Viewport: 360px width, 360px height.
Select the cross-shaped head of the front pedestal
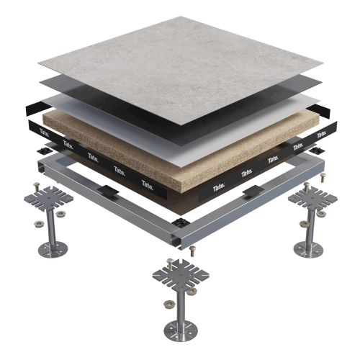coord(181,274)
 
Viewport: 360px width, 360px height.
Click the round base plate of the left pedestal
coord(53,250)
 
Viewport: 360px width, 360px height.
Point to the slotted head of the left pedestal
coord(48,198)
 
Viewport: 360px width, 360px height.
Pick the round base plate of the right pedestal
coord(309,250)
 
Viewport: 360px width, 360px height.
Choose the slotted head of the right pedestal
coord(312,198)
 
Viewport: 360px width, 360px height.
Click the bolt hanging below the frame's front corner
coord(192,251)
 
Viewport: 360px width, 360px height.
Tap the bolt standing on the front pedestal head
coord(170,264)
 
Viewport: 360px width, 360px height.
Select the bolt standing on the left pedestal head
coord(37,187)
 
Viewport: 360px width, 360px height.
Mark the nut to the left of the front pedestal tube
coord(168,305)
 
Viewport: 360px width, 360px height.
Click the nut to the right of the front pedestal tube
coord(192,291)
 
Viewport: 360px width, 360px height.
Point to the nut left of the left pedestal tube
coord(39,225)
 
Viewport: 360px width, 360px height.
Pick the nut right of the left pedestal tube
coord(60,213)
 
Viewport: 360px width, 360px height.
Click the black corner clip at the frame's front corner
coord(180,222)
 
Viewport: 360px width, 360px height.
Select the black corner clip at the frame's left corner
coord(44,151)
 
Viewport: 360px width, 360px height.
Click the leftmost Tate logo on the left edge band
coord(45,132)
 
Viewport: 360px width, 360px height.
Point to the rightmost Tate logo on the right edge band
coord(322,134)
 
